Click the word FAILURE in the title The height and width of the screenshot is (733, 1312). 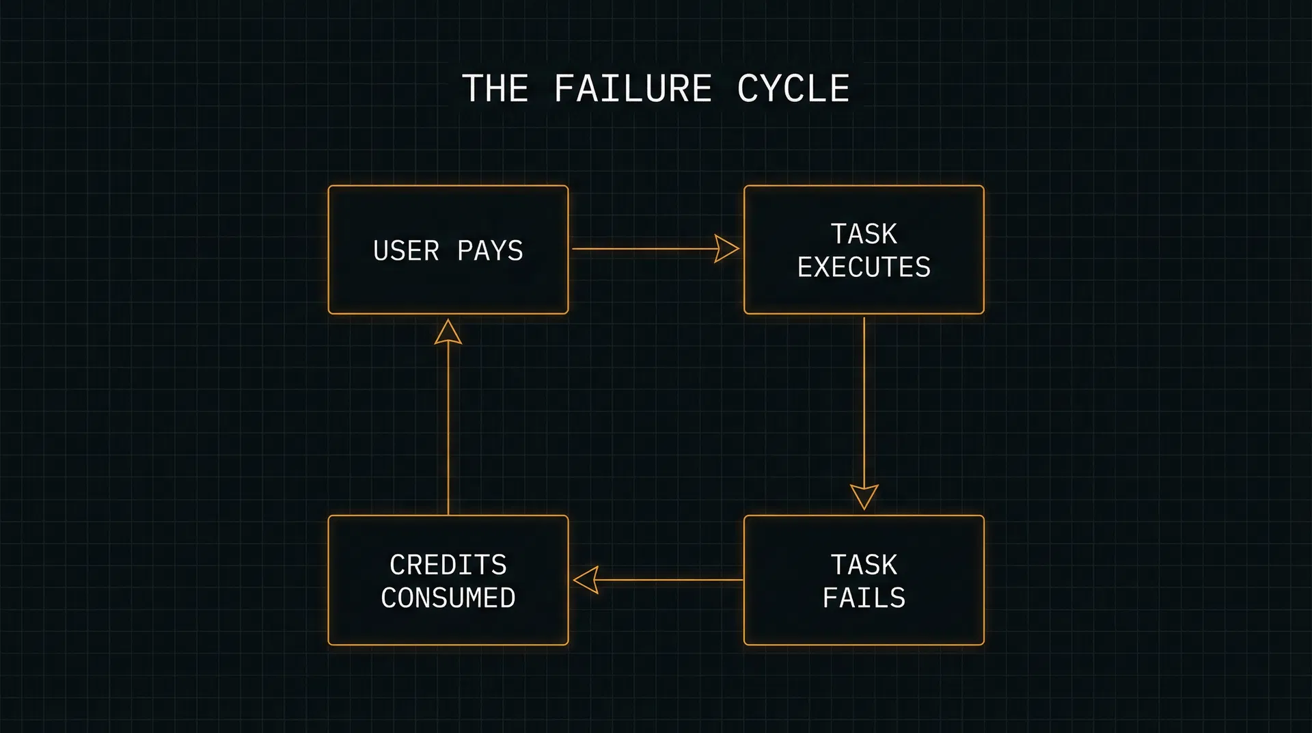click(x=633, y=89)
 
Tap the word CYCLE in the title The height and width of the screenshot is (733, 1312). click(x=793, y=89)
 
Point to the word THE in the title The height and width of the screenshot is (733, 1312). click(x=495, y=89)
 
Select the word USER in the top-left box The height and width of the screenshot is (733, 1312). click(x=406, y=251)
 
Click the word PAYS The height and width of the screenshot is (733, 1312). click(x=490, y=251)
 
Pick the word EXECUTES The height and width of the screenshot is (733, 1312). click(x=864, y=267)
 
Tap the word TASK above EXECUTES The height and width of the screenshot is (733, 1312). click(x=864, y=235)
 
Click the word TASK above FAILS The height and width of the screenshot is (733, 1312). click(x=864, y=565)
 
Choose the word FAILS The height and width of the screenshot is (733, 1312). click(x=864, y=598)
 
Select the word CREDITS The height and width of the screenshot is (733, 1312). click(x=448, y=565)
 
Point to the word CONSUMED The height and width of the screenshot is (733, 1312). click(x=448, y=598)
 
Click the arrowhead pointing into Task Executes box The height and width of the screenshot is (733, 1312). click(x=726, y=249)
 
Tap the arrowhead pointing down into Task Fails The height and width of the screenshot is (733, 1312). click(x=864, y=496)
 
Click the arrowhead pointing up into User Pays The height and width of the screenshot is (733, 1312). click(x=448, y=333)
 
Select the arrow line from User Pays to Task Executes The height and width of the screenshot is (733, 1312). click(x=642, y=249)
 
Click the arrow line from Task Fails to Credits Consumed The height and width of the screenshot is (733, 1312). click(x=670, y=580)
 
